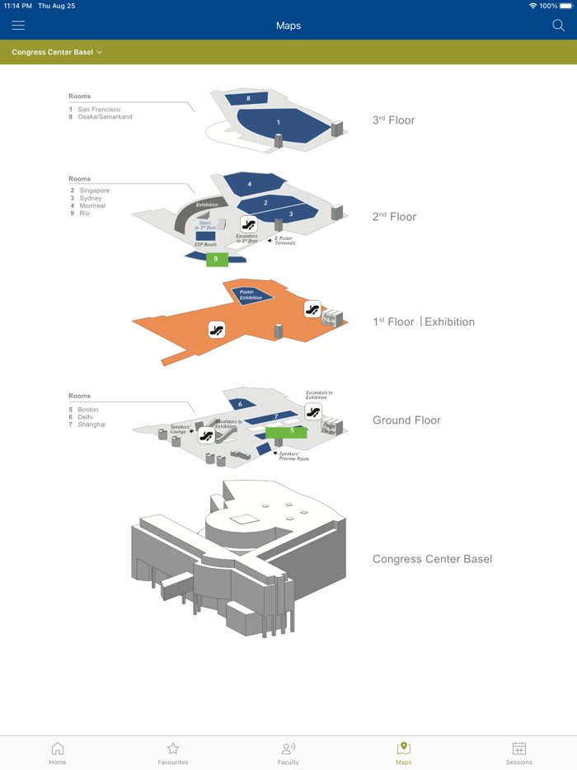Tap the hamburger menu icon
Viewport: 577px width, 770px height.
point(18,26)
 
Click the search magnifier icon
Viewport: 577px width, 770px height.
point(558,26)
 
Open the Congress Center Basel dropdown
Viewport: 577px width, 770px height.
point(57,52)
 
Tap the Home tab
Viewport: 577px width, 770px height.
point(58,753)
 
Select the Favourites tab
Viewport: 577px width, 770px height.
point(173,753)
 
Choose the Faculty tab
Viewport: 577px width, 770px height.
point(288,753)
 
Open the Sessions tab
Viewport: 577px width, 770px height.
point(519,753)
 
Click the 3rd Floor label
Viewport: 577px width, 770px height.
point(393,120)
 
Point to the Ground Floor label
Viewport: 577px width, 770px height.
point(406,420)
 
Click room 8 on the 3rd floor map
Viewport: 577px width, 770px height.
point(248,99)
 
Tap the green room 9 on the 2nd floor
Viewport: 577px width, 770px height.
point(216,259)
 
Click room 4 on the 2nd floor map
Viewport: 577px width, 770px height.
point(250,184)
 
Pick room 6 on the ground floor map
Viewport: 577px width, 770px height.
point(241,404)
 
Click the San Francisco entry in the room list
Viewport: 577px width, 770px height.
point(99,110)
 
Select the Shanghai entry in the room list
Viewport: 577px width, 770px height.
point(91,425)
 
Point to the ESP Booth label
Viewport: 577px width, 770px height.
point(205,245)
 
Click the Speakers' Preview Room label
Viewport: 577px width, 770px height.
point(294,456)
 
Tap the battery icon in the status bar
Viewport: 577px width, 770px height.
point(565,6)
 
